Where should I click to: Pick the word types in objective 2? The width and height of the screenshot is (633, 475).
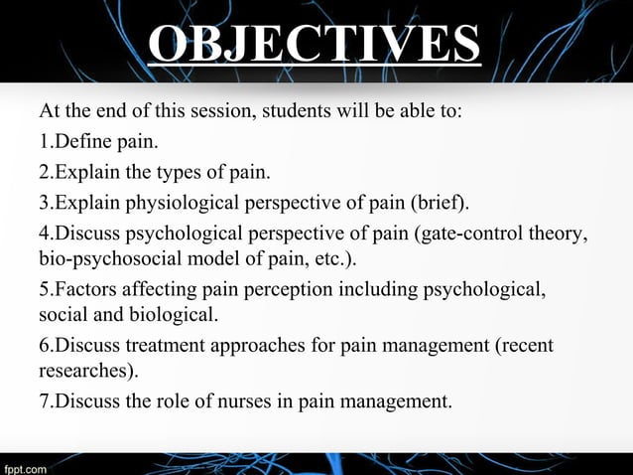coord(165,174)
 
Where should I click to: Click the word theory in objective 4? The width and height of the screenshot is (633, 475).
coord(562,237)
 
